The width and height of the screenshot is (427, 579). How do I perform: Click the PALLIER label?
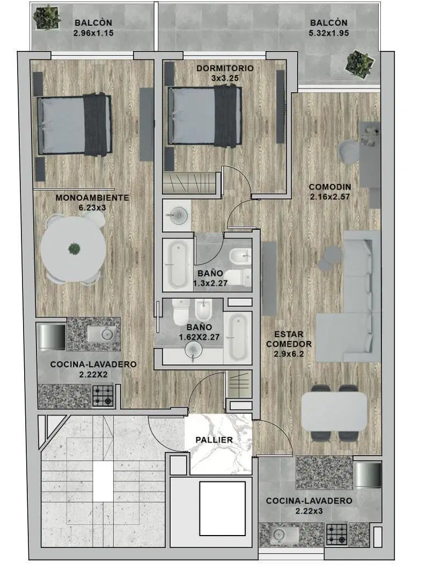click(x=214, y=440)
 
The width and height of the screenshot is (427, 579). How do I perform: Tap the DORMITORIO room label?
click(x=225, y=68)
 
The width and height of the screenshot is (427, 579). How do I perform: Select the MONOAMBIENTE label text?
click(x=92, y=197)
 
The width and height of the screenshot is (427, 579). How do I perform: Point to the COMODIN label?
click(x=330, y=187)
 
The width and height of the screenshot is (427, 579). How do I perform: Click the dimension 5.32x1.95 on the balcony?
click(x=329, y=33)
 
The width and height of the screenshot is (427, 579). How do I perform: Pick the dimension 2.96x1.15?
click(x=93, y=33)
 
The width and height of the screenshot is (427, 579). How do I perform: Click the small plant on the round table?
click(x=74, y=249)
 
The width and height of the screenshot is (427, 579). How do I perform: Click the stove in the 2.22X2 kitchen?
click(x=102, y=396)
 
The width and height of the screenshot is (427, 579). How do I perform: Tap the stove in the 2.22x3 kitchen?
click(x=337, y=535)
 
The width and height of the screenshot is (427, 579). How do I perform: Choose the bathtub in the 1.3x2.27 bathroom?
click(x=178, y=264)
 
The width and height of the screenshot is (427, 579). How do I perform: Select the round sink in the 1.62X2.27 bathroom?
click(x=194, y=349)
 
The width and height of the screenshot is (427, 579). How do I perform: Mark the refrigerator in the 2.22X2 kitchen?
click(x=52, y=336)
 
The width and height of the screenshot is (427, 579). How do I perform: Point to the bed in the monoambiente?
click(x=74, y=125)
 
